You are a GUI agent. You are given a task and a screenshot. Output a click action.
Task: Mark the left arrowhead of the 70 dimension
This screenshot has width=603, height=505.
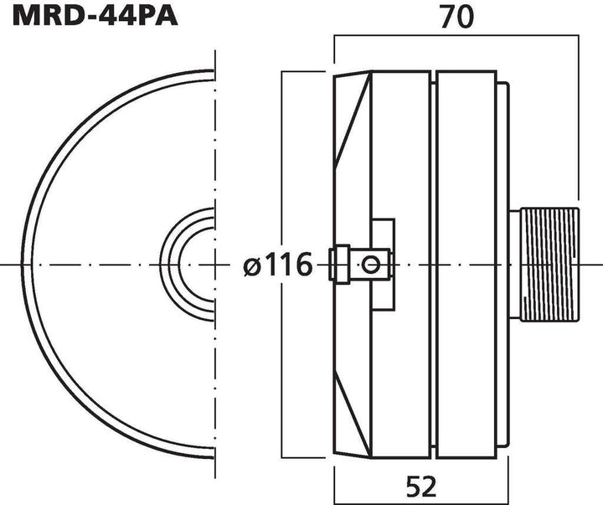click(x=338, y=36)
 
